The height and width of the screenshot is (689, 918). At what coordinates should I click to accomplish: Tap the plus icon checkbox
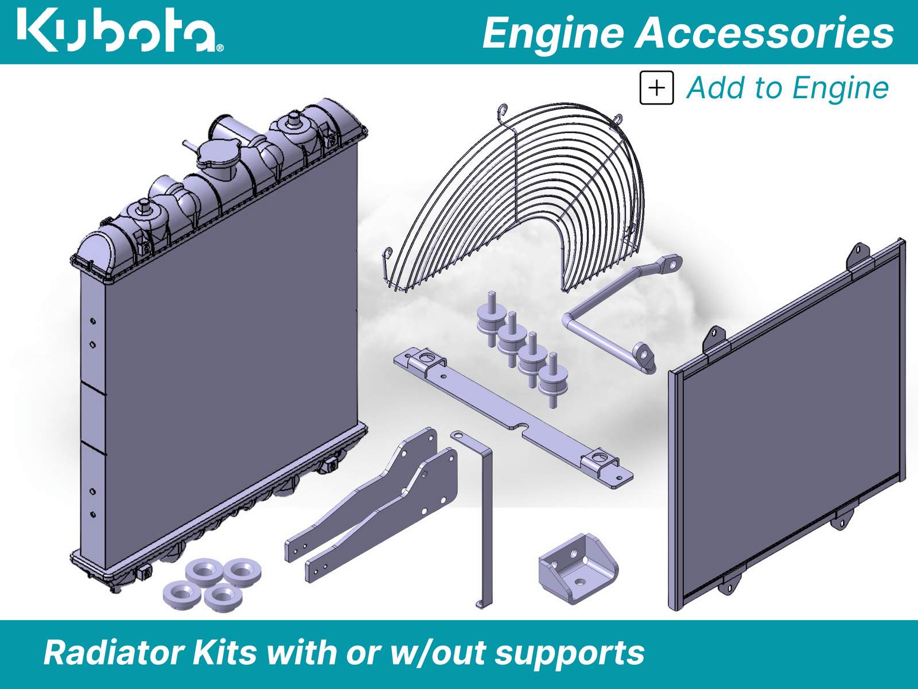[656, 88]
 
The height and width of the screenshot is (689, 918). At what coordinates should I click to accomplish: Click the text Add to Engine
[787, 88]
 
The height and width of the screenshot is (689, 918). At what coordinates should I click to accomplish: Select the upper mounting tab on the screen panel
[858, 253]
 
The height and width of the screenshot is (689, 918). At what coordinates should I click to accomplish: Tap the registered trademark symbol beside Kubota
[220, 48]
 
